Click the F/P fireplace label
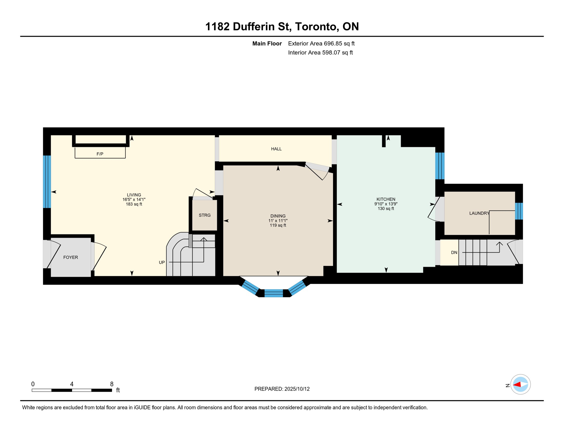click(100, 154)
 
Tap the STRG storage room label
click(205, 215)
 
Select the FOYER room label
click(70, 257)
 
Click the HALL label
click(276, 149)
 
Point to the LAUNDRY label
click(479, 213)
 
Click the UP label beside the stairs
click(162, 263)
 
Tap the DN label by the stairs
click(454, 253)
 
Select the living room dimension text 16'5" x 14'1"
click(134, 200)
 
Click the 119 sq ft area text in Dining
click(278, 225)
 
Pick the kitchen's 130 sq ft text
click(386, 209)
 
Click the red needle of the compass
click(517, 385)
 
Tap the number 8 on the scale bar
click(112, 384)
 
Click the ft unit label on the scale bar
click(118, 390)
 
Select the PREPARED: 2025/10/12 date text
click(282, 389)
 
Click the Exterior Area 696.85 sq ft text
click(321, 43)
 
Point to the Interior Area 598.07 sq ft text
click(320, 53)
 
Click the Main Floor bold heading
click(267, 43)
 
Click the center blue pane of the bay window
click(273, 293)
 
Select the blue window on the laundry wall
click(519, 211)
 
